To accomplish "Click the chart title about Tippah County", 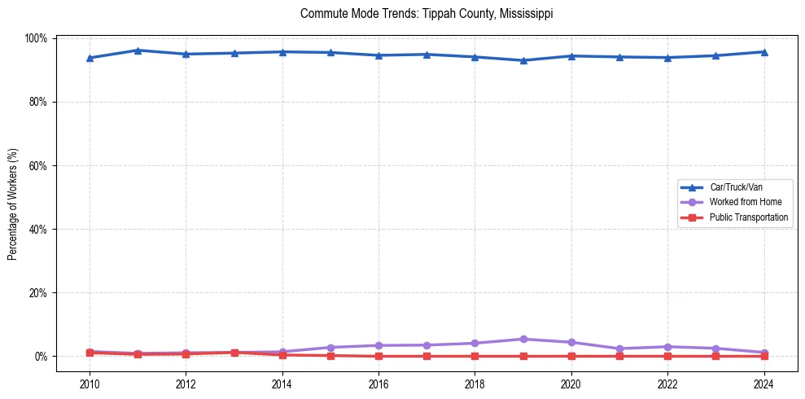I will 427,14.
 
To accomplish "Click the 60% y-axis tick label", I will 38,165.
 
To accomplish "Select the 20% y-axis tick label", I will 38,292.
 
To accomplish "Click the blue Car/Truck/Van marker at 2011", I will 138,50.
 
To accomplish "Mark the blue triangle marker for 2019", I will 523,60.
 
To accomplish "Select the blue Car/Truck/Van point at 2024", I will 763,52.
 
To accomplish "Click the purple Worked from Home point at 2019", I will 523,339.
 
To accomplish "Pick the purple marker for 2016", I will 378,345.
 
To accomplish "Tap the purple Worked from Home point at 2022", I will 667,347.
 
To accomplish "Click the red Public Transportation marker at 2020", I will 571,356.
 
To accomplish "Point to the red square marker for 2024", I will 763,356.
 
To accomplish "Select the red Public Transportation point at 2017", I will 427,356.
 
